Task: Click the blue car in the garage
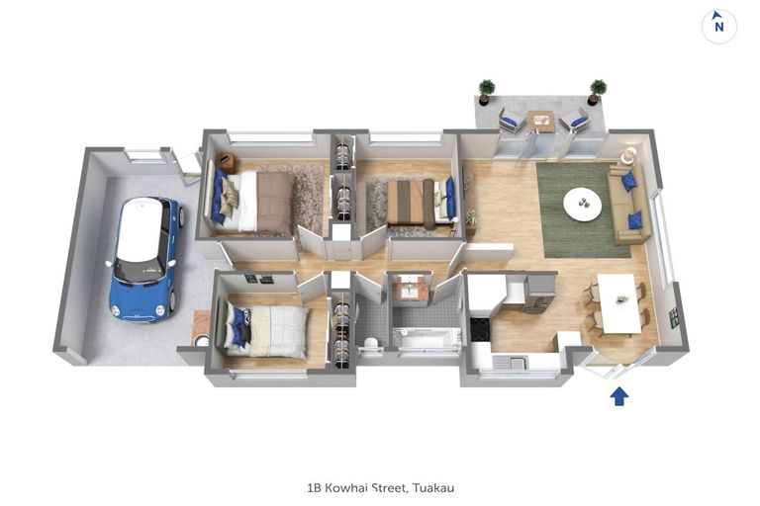pyautogui.click(x=145, y=259)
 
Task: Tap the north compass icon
pyautogui.click(x=719, y=26)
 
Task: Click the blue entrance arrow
pyautogui.click(x=618, y=396)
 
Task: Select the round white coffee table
pyautogui.click(x=582, y=204)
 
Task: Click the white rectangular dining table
pyautogui.click(x=617, y=303)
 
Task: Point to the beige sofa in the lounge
pyautogui.click(x=628, y=204)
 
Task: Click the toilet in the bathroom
pyautogui.click(x=370, y=345)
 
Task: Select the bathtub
pyautogui.click(x=427, y=338)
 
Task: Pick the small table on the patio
pyautogui.click(x=541, y=121)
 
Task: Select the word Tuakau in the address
pyautogui.click(x=433, y=487)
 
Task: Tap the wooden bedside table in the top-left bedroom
pyautogui.click(x=227, y=162)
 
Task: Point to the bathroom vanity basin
pyautogui.click(x=410, y=290)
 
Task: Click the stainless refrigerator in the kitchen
pyautogui.click(x=540, y=293)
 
